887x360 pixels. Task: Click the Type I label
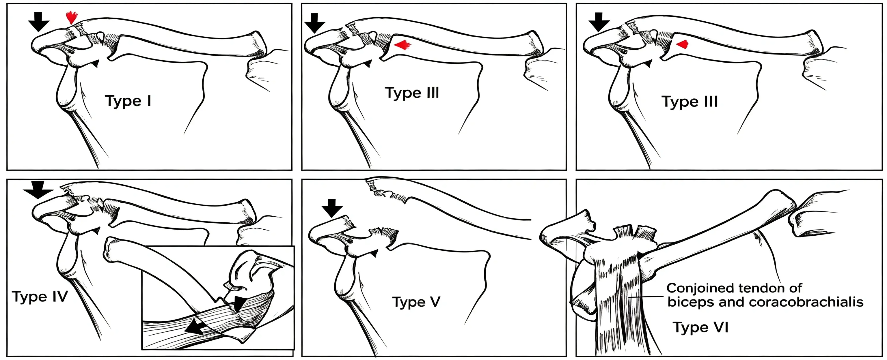click(128, 101)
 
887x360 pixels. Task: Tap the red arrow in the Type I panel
click(72, 17)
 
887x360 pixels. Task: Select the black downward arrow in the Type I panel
click(39, 22)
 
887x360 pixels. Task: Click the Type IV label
click(40, 297)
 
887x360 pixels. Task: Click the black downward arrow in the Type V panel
click(332, 208)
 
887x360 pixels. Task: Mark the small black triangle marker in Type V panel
click(374, 254)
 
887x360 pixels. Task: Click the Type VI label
click(701, 327)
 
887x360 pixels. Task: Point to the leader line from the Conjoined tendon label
click(646, 297)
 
